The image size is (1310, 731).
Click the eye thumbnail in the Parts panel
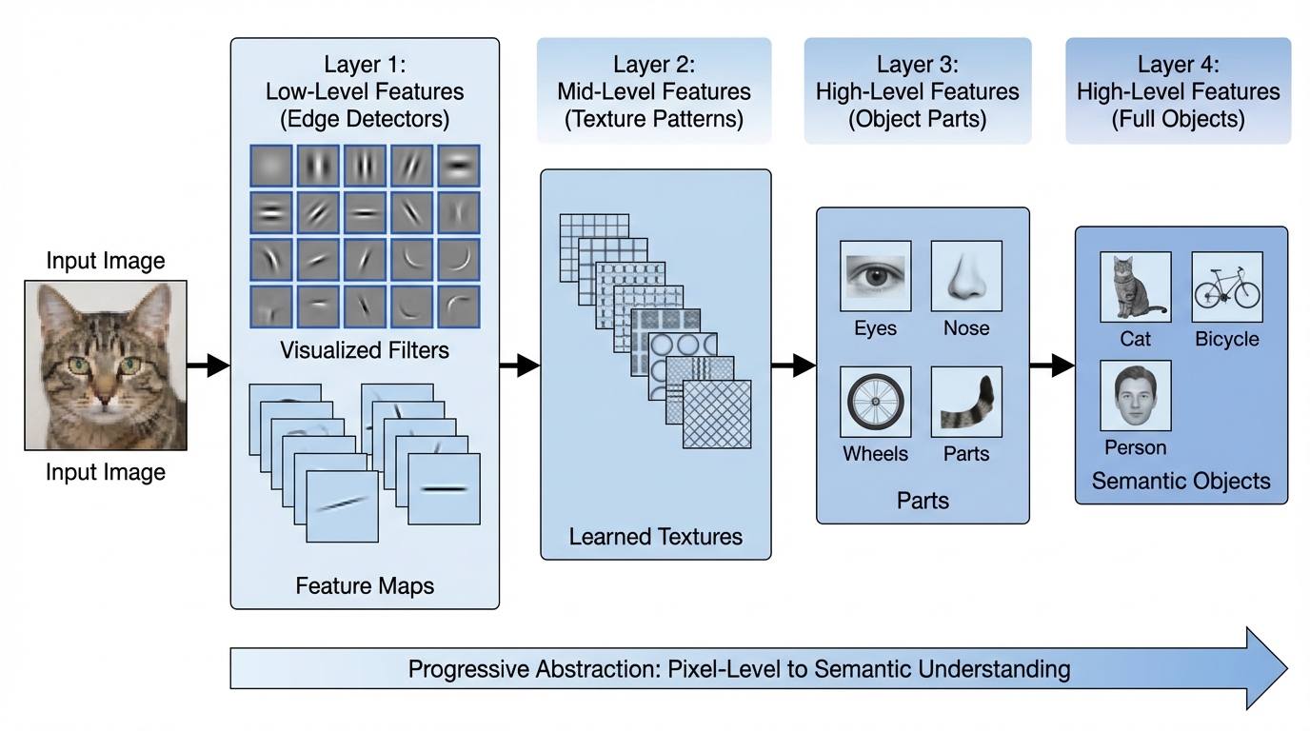coord(875,276)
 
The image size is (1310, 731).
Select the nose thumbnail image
coord(966,276)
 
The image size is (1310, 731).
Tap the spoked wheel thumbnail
coord(875,402)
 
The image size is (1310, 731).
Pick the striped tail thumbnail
coord(966,402)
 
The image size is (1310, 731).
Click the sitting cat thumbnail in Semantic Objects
coord(1135,287)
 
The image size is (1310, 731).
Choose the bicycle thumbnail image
coord(1226,287)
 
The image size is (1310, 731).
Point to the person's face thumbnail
coord(1135,395)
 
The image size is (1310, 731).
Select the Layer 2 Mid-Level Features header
coord(654,91)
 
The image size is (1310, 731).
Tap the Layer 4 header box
coord(1178,91)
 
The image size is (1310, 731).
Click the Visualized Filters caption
coord(365,351)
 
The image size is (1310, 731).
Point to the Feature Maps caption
coord(365,585)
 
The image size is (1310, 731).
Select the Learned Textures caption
coord(655,537)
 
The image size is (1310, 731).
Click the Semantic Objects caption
coord(1181,481)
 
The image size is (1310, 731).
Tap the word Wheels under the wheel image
coord(875,454)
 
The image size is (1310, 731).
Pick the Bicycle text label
coord(1226,340)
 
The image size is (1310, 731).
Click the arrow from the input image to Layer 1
coord(208,365)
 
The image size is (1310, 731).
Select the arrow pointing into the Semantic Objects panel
coord(1052,365)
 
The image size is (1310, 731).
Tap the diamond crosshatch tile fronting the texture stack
coord(717,414)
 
